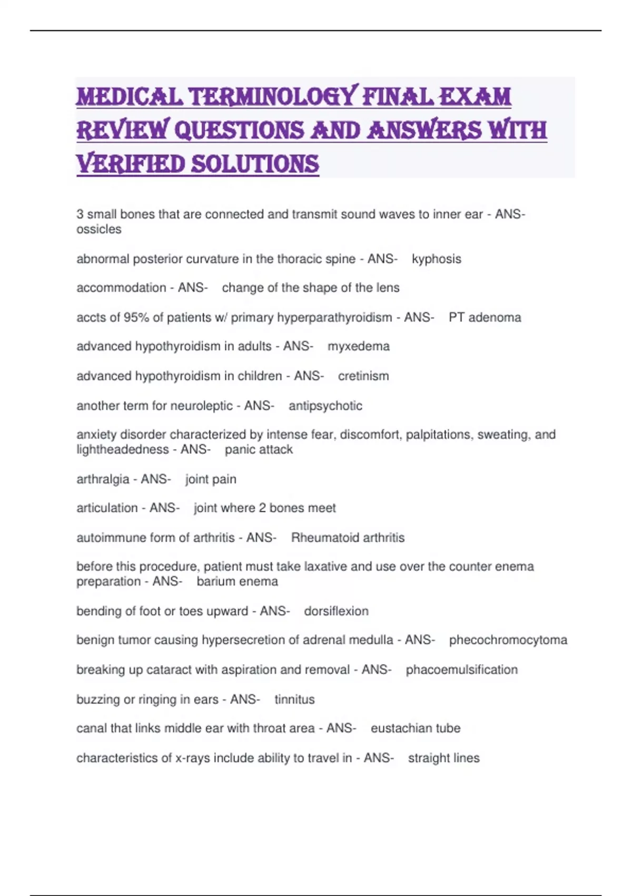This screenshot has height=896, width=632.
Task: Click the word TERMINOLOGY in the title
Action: [x=273, y=97]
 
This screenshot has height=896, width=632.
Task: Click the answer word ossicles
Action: [x=99, y=229]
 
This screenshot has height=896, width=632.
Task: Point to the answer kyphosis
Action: [x=436, y=259]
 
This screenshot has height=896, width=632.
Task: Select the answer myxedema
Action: [x=358, y=346]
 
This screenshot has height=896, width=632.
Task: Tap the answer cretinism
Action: [x=363, y=376]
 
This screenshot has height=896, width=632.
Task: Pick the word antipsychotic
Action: [x=325, y=406]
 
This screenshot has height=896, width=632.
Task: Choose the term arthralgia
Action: [x=103, y=479]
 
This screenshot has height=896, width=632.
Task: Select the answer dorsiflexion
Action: [x=336, y=611]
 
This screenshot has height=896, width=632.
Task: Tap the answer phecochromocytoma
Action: [x=508, y=640]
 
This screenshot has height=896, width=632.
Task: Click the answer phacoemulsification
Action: [x=461, y=669]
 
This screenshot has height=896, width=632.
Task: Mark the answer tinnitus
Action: [x=294, y=699]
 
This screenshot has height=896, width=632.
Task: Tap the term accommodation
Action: [x=121, y=288]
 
